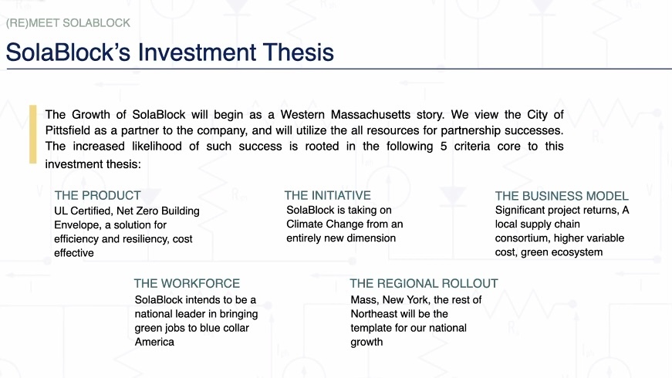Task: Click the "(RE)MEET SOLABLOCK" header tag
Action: [x=68, y=22]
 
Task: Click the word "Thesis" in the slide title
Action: [x=299, y=52]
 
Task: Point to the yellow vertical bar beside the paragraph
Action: [x=33, y=134]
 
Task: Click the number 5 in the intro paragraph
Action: [x=444, y=146]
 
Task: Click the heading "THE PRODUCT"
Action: [x=98, y=195]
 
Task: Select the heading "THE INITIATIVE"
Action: [x=327, y=195]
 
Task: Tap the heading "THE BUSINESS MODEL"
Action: [x=562, y=196]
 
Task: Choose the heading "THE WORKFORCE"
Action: [x=187, y=283]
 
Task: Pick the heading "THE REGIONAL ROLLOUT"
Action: [x=424, y=283]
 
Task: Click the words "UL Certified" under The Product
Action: [x=83, y=211]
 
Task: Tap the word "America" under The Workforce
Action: [x=154, y=342]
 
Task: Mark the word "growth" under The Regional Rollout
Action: [x=366, y=342]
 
